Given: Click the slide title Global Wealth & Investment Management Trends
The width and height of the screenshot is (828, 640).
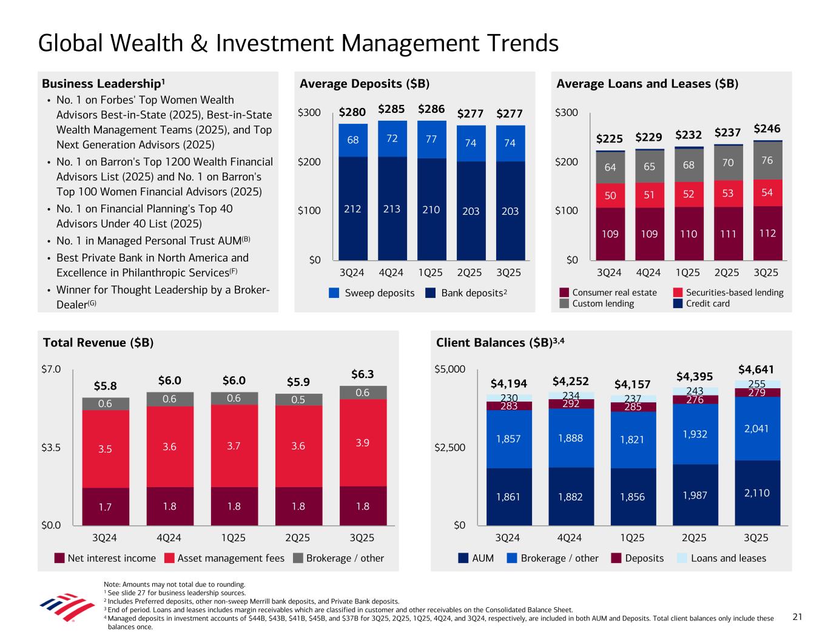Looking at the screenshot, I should [298, 43].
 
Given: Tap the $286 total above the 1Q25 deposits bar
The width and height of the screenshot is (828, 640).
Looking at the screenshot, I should [431, 110].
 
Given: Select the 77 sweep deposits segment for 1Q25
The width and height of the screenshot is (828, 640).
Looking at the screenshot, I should [431, 139].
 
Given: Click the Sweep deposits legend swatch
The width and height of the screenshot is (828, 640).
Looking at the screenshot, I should [334, 293].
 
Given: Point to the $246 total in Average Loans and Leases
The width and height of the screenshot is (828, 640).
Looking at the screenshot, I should [767, 129].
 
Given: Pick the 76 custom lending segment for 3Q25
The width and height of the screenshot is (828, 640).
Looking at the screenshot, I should [767, 160].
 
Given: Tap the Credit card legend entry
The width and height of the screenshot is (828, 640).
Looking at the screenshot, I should [707, 303].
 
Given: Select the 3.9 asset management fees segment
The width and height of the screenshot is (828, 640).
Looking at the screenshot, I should [362, 442].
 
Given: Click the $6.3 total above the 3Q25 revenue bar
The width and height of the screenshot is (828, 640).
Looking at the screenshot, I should [363, 374].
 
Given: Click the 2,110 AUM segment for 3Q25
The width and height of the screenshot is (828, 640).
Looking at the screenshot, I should [756, 493].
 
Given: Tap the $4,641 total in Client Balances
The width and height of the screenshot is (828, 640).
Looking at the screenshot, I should [756, 369].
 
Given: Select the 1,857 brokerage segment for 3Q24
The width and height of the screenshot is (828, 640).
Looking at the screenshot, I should [508, 439].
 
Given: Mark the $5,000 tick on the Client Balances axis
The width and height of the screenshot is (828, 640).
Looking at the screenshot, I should [449, 369].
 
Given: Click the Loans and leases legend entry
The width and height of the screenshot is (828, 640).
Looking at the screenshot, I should [728, 558].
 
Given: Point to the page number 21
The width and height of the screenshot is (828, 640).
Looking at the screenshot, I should [797, 617].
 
